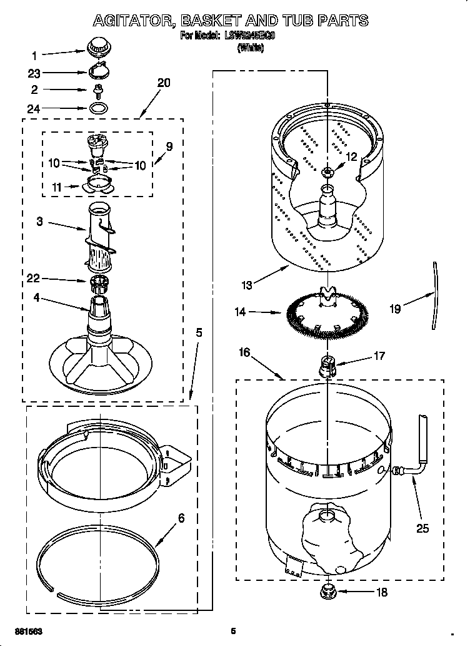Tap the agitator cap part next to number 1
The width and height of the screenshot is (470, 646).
[97, 46]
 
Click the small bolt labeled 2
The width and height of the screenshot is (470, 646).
[97, 91]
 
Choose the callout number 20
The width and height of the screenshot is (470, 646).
[164, 83]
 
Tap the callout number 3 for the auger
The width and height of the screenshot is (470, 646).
[39, 222]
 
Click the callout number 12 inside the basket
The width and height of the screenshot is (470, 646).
[351, 157]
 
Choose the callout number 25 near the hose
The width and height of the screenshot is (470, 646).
[423, 528]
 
